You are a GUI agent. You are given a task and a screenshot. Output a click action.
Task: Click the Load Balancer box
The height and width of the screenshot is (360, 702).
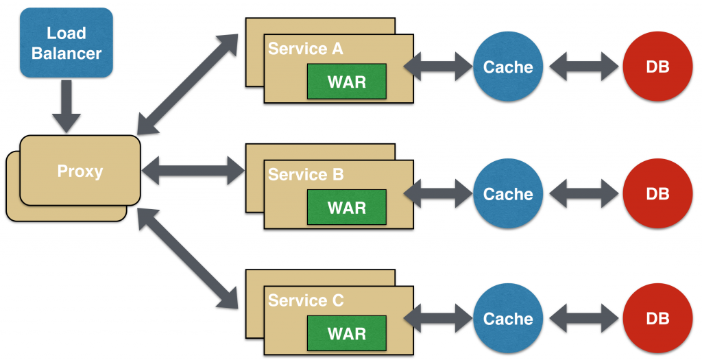[66, 43]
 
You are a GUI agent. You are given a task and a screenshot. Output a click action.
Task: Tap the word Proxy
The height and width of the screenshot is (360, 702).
[80, 171]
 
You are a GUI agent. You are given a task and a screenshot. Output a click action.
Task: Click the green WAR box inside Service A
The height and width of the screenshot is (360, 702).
[346, 82]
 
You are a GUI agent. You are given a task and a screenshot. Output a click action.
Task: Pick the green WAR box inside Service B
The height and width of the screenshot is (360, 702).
[346, 208]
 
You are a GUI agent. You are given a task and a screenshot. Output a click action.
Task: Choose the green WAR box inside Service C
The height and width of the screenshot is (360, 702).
[346, 334]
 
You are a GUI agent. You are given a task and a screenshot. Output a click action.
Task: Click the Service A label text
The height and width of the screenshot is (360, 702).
[305, 49]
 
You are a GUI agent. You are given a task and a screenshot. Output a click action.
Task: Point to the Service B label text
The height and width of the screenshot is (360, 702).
[306, 175]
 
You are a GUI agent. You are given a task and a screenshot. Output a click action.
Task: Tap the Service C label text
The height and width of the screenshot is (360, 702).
[306, 301]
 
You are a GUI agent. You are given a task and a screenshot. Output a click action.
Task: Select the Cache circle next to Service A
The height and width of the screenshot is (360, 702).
[508, 67]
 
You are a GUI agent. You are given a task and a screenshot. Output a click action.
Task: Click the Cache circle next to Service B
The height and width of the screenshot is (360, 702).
[508, 194]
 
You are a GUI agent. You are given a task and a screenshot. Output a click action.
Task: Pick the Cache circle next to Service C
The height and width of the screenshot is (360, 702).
[508, 320]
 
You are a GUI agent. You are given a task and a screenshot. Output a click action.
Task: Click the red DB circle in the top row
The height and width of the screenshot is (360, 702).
[657, 67]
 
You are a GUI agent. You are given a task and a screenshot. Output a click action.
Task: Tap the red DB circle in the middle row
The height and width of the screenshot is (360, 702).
[657, 194]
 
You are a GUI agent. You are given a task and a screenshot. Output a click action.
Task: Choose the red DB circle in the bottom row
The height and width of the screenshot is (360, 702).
[657, 320]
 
